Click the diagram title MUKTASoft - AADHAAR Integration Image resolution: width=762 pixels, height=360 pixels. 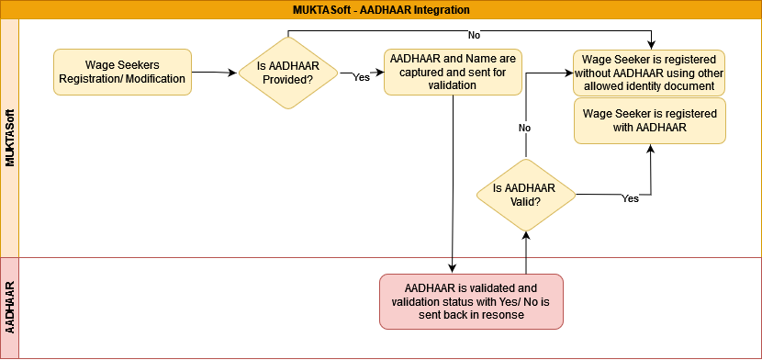(x=381, y=10)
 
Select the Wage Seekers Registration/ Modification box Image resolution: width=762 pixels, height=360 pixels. (x=122, y=72)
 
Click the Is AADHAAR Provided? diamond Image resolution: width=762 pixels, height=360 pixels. (x=288, y=73)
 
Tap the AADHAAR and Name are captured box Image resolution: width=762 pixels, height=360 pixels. (x=453, y=72)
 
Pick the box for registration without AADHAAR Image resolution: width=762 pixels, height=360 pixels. (x=650, y=73)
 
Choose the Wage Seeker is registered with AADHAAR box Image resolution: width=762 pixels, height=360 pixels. (x=650, y=120)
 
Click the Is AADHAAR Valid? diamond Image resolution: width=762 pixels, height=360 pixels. (x=526, y=195)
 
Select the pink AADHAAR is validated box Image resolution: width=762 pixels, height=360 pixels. (x=471, y=302)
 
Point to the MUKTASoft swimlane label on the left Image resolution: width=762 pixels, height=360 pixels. (x=10, y=139)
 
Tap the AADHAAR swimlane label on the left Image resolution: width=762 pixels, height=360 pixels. (x=10, y=307)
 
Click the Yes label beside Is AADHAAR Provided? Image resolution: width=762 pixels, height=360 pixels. (x=361, y=77)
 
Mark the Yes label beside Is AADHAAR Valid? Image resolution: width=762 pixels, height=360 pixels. (x=631, y=198)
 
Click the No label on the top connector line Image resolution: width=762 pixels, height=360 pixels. (x=475, y=35)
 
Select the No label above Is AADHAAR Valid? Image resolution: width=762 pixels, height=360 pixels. (x=524, y=128)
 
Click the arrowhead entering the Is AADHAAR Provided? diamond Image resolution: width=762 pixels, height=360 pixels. (x=234, y=73)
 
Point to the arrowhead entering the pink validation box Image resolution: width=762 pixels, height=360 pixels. (x=453, y=269)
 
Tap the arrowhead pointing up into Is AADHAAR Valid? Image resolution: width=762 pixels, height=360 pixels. (x=526, y=236)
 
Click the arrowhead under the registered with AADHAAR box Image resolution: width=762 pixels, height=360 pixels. (x=650, y=148)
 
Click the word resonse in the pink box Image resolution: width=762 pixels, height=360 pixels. (x=504, y=314)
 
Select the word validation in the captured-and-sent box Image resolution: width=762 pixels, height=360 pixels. (x=453, y=84)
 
